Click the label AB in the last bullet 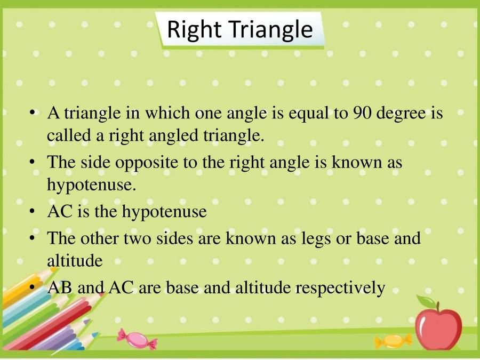60,288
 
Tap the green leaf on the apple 425,302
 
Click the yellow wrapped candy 393,340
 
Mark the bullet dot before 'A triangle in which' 33,114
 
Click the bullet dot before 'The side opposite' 33,162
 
